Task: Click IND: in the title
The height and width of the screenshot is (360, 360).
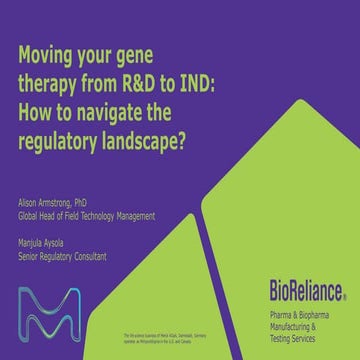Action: pos(229,81)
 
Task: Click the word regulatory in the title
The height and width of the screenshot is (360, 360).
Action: pos(60,135)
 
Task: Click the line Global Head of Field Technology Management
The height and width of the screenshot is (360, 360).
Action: pos(90,215)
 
